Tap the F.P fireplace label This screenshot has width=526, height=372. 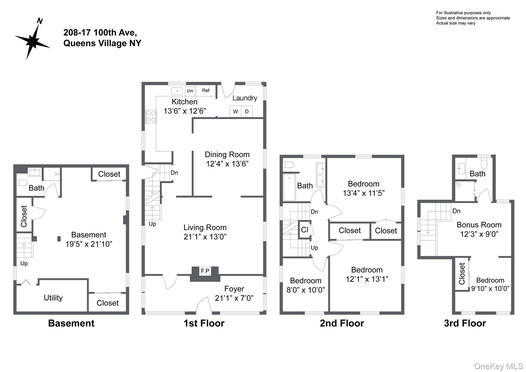pos(205,271)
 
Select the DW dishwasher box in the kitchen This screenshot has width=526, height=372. pos(190,91)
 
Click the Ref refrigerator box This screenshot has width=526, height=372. pos(205,90)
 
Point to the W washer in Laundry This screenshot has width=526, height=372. pos(235,111)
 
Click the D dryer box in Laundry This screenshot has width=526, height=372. pos(247,111)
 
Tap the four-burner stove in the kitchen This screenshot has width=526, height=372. pos(151,116)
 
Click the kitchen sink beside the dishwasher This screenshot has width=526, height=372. pos(177,91)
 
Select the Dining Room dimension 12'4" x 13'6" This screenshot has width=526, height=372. pos(227,164)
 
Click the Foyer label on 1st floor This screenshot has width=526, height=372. pos(234,289)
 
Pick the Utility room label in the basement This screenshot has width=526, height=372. pos(53,298)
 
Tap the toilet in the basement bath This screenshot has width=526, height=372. pos(22,183)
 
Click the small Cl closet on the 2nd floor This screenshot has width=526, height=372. pos(305,230)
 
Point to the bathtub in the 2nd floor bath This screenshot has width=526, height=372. pos(289,187)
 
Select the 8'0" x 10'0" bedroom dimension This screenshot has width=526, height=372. pos(306,290)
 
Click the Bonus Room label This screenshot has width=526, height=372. pos(479,225)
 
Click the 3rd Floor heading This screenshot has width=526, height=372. pos(465,323)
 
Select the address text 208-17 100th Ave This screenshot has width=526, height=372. pos(100,33)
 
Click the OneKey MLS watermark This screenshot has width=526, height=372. pos(498,366)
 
